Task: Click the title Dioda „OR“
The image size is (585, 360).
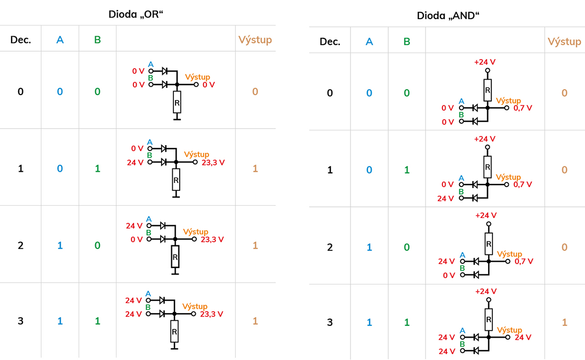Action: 136,14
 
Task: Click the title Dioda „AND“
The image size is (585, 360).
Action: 448,15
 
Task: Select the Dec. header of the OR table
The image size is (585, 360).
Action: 21,39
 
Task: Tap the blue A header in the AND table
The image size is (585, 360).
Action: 369,41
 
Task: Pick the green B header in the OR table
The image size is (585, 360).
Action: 97,39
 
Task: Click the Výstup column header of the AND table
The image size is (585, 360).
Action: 564,41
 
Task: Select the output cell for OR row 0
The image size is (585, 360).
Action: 255,91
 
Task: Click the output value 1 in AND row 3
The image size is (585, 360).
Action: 564,322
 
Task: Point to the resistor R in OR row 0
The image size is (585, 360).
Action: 177,102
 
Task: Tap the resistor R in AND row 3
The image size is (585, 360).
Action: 488,320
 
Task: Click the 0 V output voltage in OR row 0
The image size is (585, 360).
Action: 208,85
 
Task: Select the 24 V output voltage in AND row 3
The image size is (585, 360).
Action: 523,337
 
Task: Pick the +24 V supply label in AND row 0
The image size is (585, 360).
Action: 484,62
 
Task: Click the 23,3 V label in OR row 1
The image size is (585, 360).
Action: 213,162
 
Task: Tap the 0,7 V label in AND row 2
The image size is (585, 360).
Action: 524,261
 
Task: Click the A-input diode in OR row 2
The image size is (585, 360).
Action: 163,225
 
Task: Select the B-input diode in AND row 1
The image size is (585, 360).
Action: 474,198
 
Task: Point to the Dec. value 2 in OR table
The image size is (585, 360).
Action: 21,245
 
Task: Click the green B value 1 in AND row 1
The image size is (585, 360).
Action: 407,170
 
